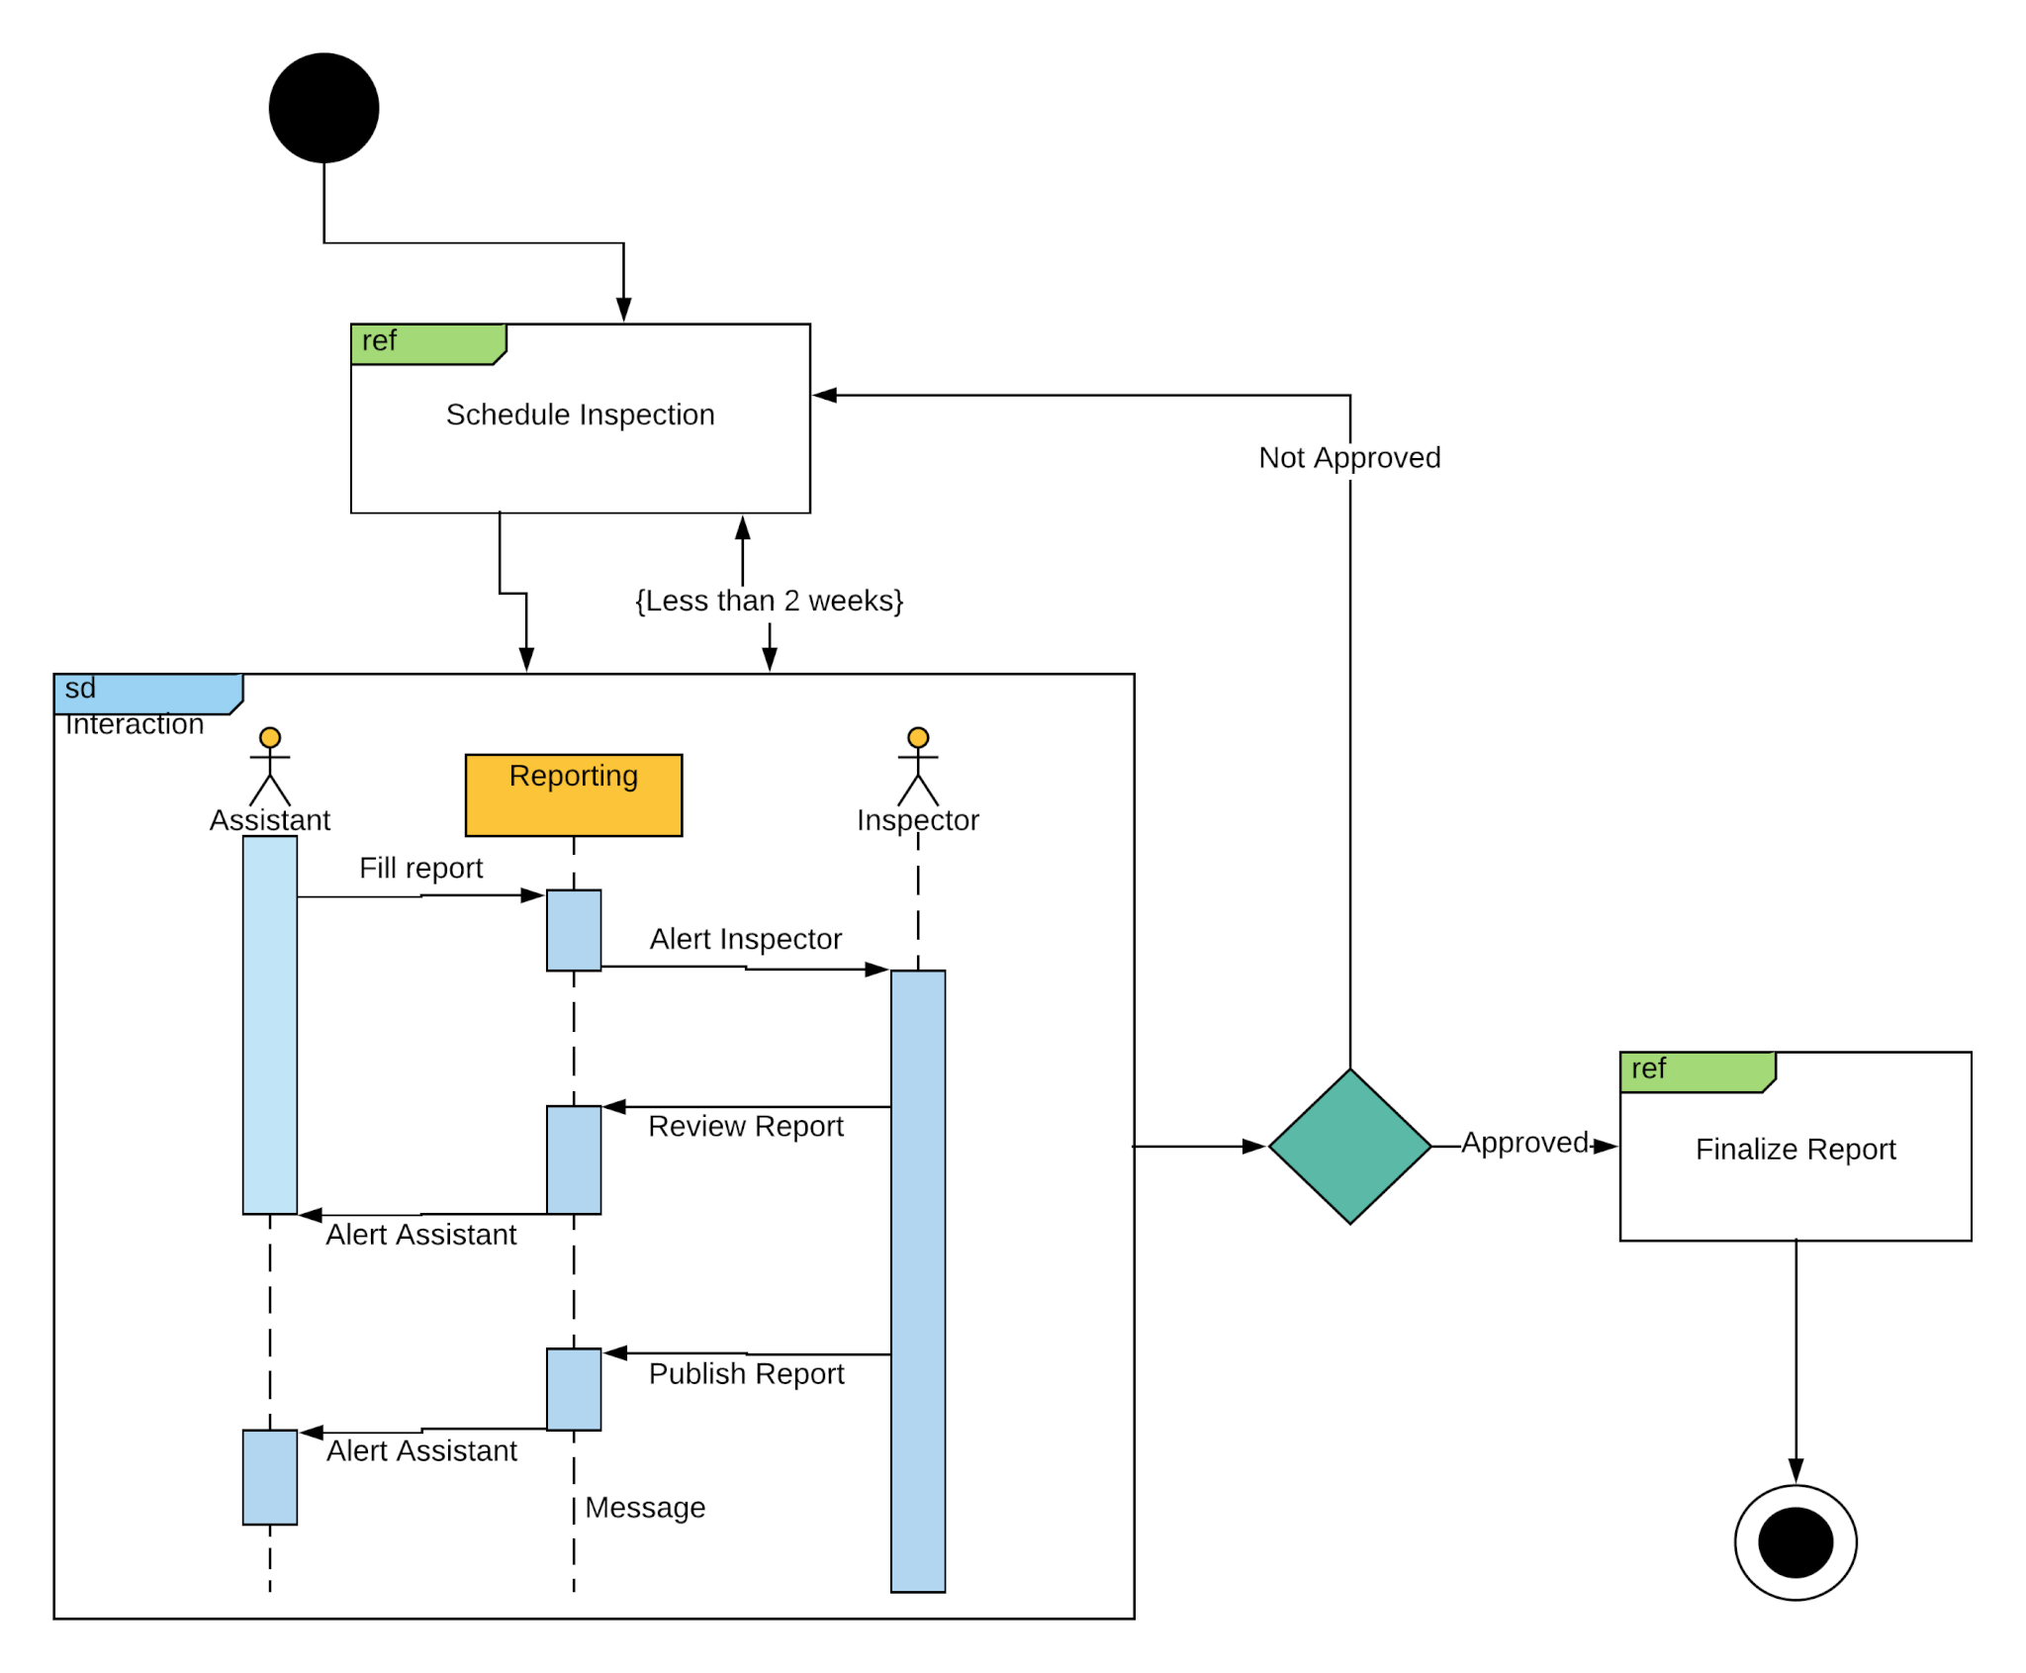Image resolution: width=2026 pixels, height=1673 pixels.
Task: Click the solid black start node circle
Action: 323,108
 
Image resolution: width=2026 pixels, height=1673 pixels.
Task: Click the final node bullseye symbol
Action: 1795,1541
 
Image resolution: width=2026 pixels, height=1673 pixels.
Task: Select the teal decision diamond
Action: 1349,1146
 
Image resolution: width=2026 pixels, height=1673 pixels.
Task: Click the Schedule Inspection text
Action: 580,415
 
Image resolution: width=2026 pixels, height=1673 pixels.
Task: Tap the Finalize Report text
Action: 1795,1149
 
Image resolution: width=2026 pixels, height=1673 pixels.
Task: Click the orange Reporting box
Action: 573,794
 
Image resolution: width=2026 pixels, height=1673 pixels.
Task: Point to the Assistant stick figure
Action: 269,767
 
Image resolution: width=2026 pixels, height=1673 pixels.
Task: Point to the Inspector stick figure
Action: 917,767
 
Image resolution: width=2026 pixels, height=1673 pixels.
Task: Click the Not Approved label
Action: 1348,457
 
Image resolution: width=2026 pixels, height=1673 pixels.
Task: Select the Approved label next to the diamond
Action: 1523,1142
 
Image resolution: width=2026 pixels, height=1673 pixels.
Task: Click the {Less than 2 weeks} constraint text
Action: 769,601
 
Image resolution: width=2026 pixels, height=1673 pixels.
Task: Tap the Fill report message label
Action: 420,868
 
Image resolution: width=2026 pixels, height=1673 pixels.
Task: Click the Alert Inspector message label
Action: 745,938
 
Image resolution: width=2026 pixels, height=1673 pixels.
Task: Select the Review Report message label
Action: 745,1126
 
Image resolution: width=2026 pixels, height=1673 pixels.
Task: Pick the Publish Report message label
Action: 746,1373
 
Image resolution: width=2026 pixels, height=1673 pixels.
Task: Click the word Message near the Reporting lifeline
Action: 645,1507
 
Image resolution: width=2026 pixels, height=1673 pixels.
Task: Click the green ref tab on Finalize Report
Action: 1696,1071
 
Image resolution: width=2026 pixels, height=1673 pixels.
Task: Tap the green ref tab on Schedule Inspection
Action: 427,343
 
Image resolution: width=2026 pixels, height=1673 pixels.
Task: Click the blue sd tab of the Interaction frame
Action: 146,692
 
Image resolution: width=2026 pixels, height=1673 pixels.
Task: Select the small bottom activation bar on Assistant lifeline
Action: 269,1476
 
